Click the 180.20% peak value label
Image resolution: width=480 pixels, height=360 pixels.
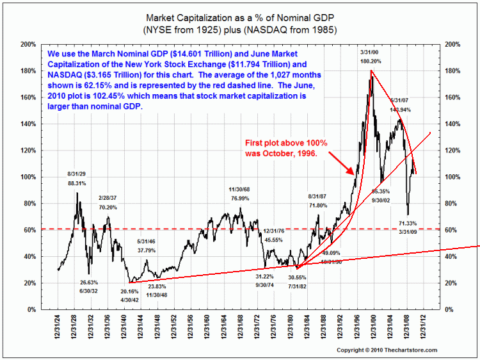point(371,61)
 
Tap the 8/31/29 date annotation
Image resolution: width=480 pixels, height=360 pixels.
point(77,174)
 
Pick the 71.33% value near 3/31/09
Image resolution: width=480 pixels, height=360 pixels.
point(407,224)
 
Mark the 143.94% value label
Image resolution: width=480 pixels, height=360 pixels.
point(401,110)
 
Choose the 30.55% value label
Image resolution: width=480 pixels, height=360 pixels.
point(297,277)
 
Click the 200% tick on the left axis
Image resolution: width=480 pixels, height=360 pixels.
point(28,44)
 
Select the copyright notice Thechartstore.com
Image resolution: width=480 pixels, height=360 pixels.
point(387,350)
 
